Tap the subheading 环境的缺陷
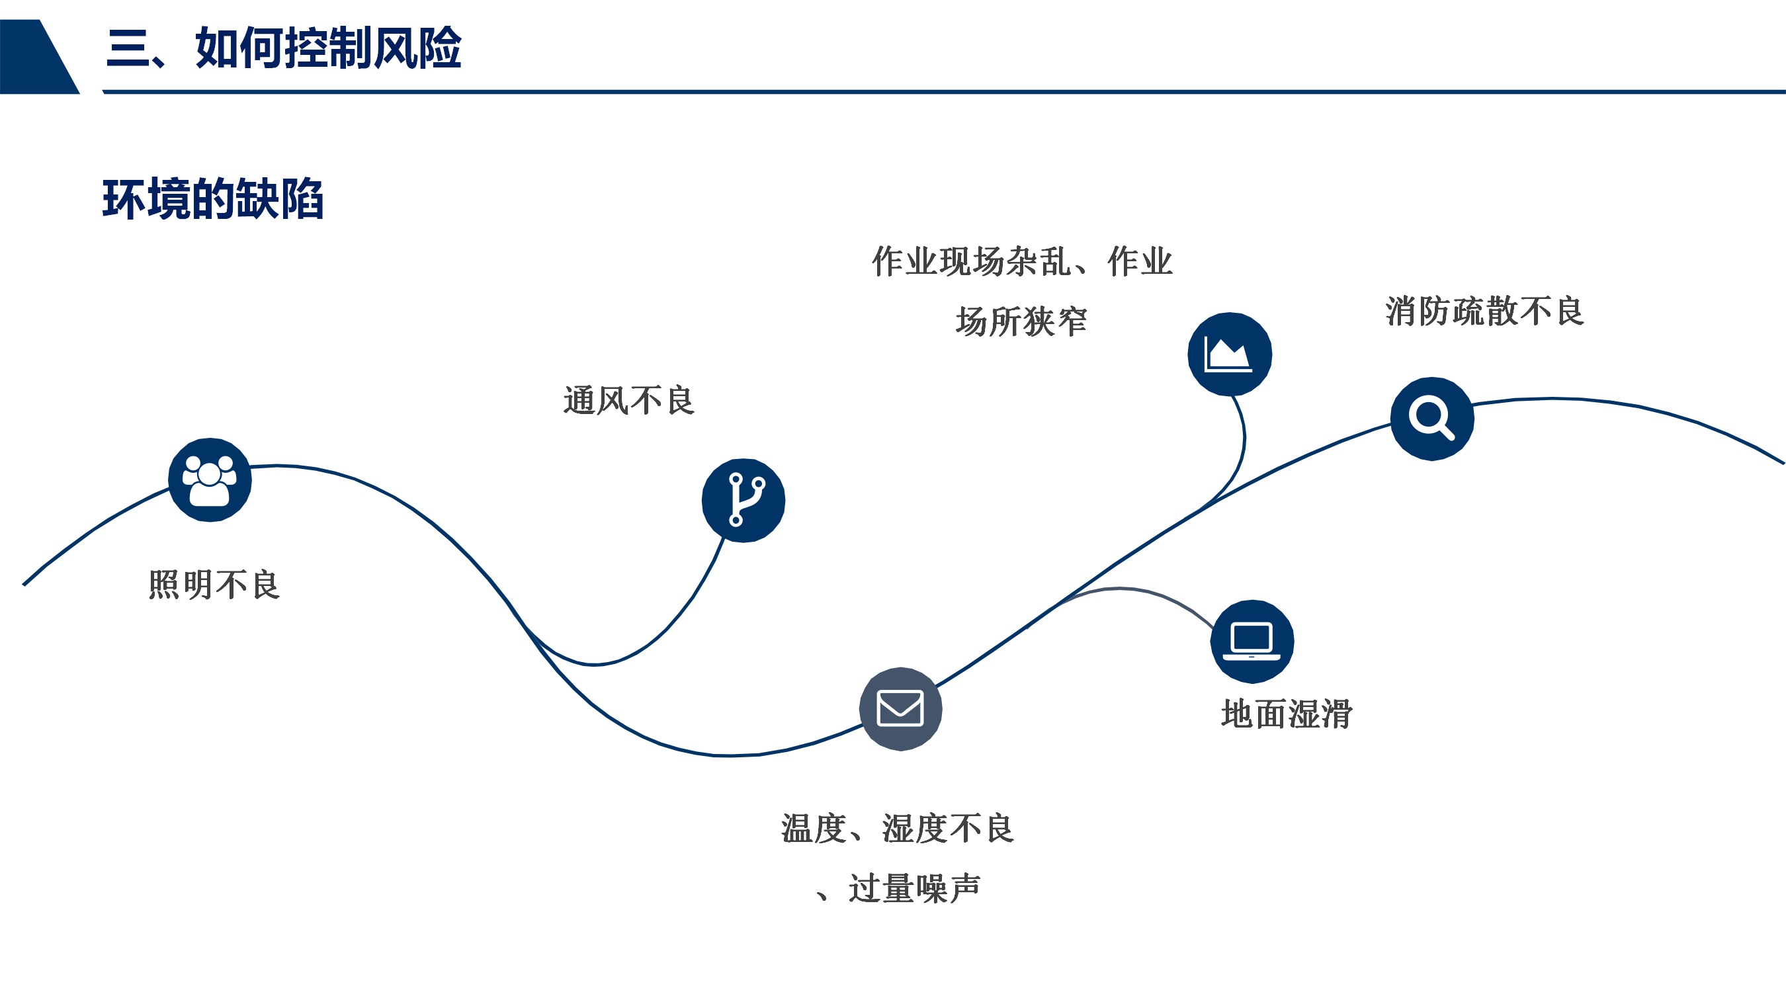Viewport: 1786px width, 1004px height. point(213,199)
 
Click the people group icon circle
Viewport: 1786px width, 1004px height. point(210,480)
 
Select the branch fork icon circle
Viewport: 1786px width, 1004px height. point(744,500)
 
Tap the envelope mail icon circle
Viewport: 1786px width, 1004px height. point(900,708)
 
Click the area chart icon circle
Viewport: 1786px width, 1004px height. point(1229,355)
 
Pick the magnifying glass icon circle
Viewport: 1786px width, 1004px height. point(1431,419)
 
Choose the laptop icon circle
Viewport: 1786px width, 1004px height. point(1252,642)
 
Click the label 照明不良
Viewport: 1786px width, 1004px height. point(214,585)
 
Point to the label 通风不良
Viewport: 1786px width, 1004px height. point(628,401)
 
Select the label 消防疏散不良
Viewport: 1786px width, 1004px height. point(1484,311)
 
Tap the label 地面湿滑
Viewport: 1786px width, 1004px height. point(1286,714)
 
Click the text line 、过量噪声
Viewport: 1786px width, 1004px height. point(898,888)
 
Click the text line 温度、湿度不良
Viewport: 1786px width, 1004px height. point(898,828)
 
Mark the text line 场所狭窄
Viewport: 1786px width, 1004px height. point(1021,321)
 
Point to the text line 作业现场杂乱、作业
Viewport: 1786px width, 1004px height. point(1021,261)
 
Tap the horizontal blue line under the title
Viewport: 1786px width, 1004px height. point(943,91)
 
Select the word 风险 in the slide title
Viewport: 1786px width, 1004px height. point(417,48)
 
